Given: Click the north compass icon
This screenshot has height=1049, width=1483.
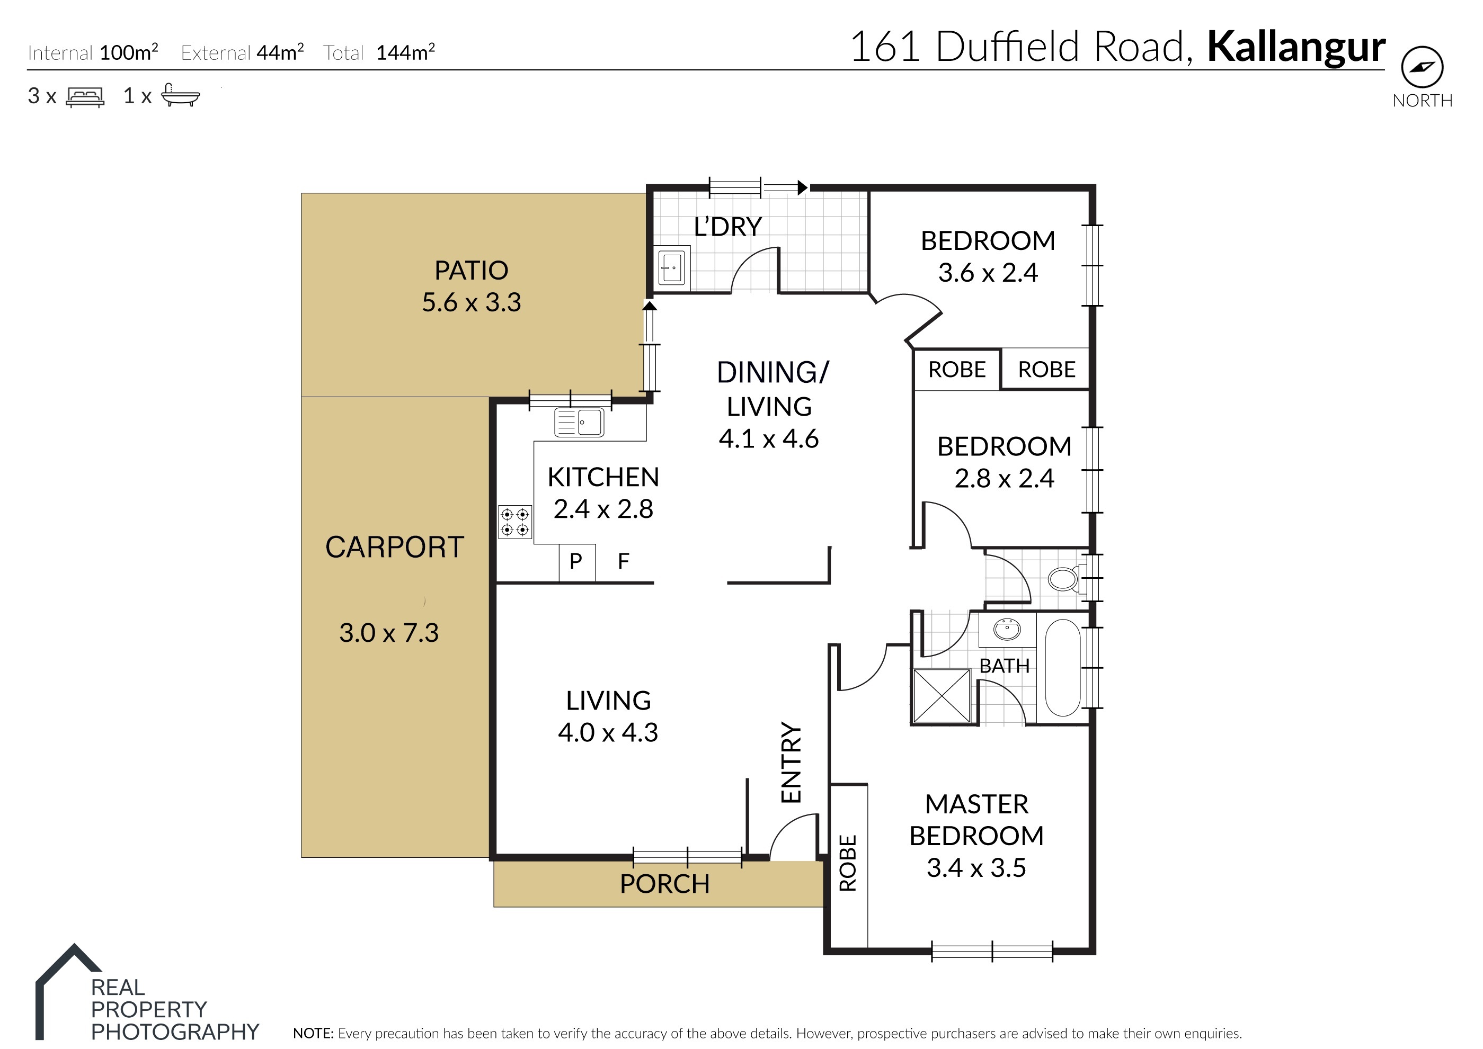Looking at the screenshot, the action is pos(1422,67).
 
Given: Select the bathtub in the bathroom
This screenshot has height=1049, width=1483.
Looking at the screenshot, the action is pos(1062,667).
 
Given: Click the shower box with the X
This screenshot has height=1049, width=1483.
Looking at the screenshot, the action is pos(942,696).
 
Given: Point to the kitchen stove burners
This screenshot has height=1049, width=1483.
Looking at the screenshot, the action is pos(515,522).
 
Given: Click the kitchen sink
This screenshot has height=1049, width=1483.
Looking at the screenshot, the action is pos(579,423).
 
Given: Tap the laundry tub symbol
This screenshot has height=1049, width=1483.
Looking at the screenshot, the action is pos(672,267).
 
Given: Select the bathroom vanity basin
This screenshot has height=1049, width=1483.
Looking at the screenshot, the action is pos(1007,629).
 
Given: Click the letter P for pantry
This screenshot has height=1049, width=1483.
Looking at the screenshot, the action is pos(576,561).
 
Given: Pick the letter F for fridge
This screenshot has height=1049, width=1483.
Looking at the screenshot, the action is pos(624,561).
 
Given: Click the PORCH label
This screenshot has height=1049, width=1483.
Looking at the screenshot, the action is pos(664,884).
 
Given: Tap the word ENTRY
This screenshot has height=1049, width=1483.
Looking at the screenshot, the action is pos(791,762).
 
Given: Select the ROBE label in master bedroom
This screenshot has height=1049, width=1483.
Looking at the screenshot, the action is pos(847,863).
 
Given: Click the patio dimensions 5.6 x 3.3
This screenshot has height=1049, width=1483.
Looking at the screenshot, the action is pos(471,302).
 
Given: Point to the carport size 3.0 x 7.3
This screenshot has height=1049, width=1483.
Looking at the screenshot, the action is pos(389,633).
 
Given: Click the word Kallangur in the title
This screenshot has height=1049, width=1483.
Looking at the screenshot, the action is pos(1296,48).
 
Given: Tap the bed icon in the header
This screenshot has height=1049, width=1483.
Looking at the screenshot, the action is pos(85,97).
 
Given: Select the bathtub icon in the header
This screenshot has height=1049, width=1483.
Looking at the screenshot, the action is pos(180,95).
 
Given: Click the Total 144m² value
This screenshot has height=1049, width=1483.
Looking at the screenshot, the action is pos(405,52).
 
